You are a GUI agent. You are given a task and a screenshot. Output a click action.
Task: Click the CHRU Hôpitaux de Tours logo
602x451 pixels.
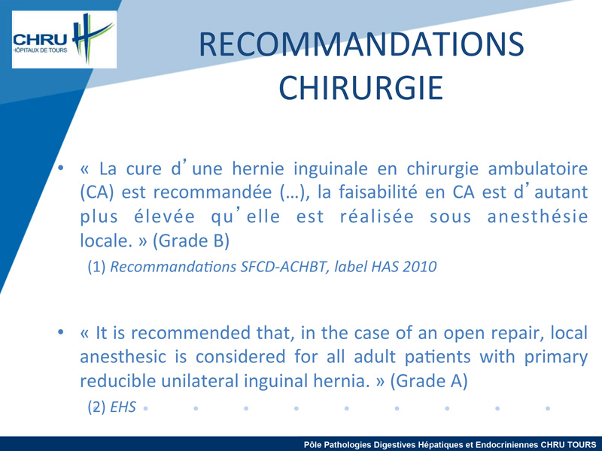pos(64,40)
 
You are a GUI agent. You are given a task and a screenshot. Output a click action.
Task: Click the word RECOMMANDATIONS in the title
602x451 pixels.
pos(361,44)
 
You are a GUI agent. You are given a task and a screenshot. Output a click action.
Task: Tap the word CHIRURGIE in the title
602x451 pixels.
pos(361,88)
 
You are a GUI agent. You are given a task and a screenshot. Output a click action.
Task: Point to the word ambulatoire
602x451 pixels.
pos(537,168)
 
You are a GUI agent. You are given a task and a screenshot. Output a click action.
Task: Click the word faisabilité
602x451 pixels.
pos(378,192)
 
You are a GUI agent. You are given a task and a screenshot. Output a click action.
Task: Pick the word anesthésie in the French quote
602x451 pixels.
pos(537,216)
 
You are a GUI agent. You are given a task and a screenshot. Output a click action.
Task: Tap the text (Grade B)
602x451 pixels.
pos(191,241)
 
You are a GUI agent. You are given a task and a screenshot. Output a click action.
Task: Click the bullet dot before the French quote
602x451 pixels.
pos(61,168)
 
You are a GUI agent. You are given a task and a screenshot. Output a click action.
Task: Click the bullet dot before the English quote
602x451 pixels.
pos(61,332)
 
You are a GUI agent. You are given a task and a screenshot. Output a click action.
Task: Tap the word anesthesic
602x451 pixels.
pos(123,357)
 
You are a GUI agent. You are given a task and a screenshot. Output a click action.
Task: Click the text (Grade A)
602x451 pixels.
pos(429,381)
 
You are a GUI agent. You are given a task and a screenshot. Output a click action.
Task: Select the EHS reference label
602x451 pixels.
pos(123,407)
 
